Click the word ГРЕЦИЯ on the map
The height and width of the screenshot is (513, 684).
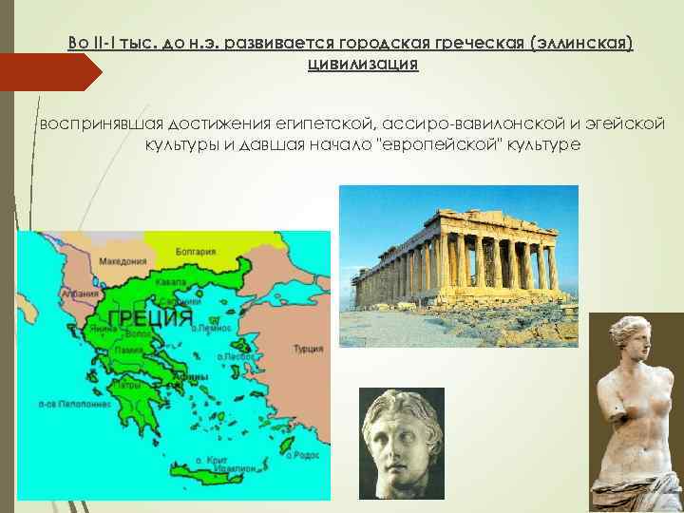[x=151, y=317]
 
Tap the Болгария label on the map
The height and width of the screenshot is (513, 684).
[x=196, y=252]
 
